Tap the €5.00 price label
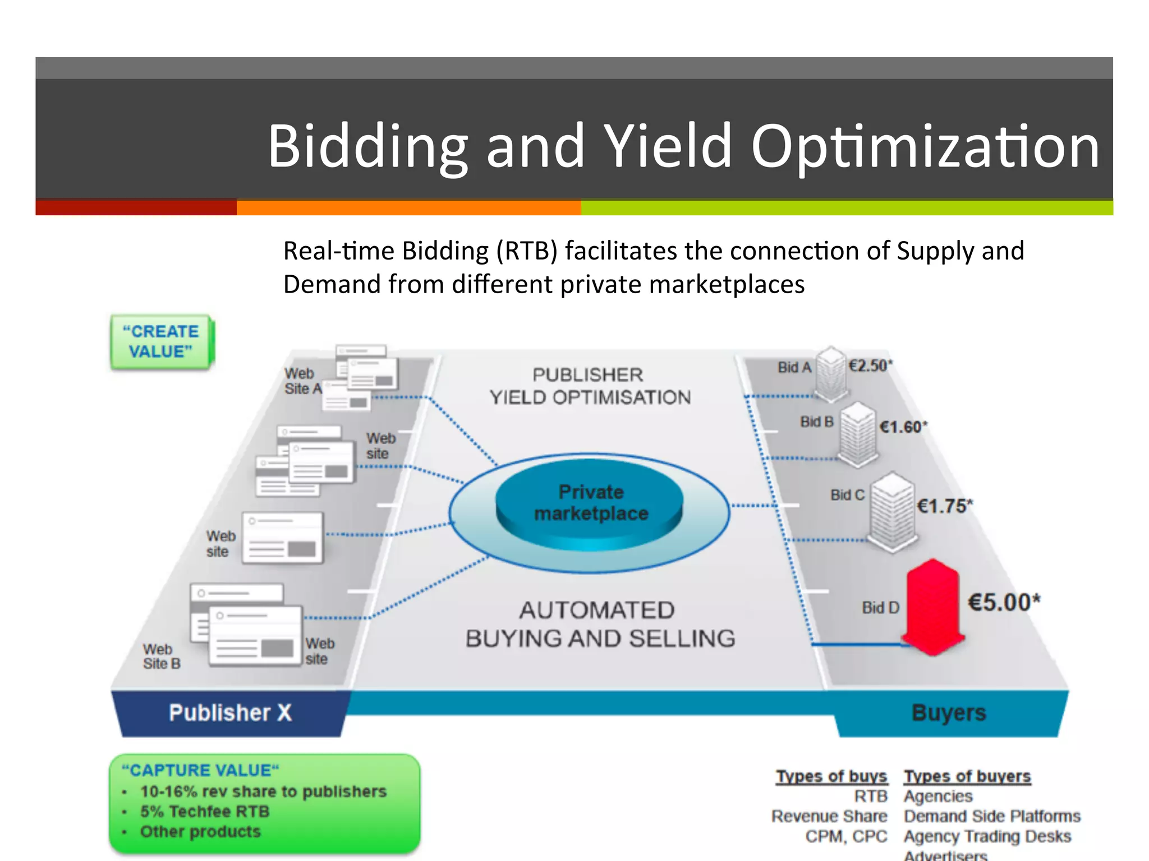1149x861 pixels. [1004, 603]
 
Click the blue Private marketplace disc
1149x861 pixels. [590, 503]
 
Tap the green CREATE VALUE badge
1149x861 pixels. [162, 342]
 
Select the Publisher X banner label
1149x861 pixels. [231, 713]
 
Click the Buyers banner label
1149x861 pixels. [949, 713]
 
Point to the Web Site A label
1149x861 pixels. [302, 381]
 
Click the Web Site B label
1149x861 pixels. [162, 657]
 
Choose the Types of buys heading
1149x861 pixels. [831, 776]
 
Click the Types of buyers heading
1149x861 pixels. [967, 776]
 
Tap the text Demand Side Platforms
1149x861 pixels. [992, 816]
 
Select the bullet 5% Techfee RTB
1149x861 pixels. [205, 812]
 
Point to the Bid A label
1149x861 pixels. [794, 367]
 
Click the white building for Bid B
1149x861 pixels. [857, 434]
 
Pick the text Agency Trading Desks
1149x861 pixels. [987, 836]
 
